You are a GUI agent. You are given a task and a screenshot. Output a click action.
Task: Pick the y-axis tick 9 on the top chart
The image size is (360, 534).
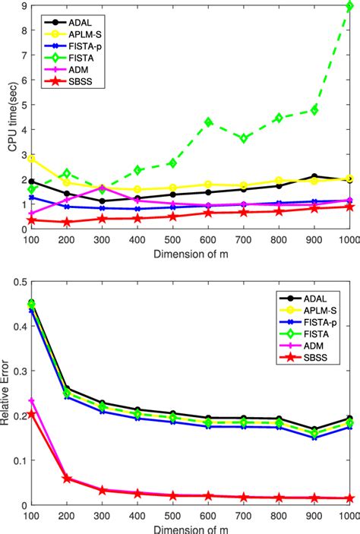point(23,6)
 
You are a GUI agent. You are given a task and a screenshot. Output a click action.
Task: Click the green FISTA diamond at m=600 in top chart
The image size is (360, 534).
point(208,122)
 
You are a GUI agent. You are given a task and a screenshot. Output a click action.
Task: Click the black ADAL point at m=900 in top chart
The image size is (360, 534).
point(313,176)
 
